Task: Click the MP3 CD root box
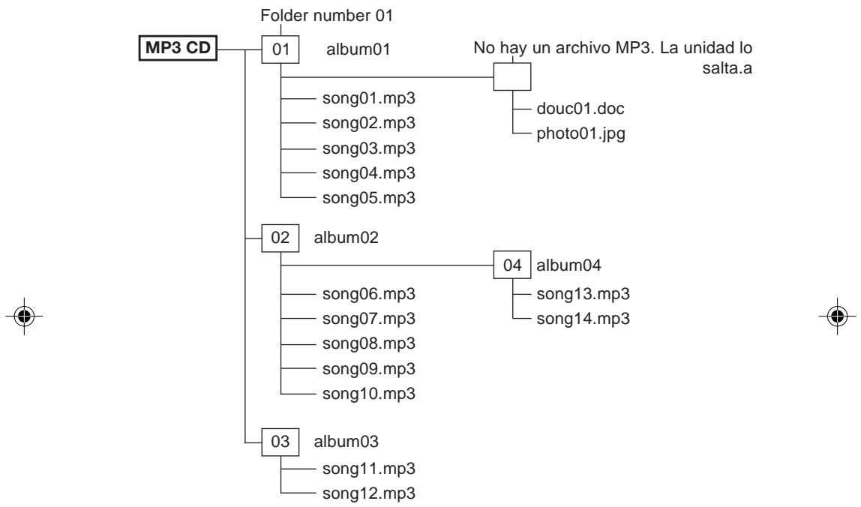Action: tap(178, 48)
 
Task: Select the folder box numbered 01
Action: tap(280, 49)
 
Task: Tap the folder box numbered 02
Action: tap(280, 238)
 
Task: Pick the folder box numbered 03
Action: tap(280, 442)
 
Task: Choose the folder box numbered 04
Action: tap(512, 265)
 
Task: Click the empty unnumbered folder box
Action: tap(512, 76)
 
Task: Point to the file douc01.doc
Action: tap(580, 109)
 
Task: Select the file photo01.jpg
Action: tap(581, 134)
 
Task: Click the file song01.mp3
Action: tap(369, 99)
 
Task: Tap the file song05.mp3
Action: tap(369, 198)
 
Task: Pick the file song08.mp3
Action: tap(369, 343)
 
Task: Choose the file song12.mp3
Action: tap(369, 493)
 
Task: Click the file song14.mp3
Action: tap(583, 319)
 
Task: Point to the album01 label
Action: tap(358, 49)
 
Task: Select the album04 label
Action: tap(568, 265)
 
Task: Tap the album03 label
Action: tap(346, 442)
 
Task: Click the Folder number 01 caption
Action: tap(327, 16)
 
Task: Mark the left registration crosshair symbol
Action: tap(24, 316)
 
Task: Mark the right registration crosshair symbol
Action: tap(838, 316)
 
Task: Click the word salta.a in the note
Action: tap(727, 69)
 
